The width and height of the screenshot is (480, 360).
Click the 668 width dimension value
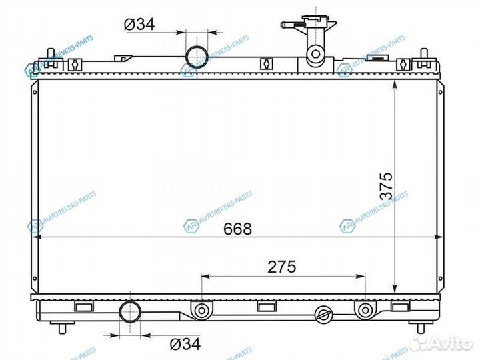coord(237,229)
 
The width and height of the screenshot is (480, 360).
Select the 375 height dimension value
coord(386,186)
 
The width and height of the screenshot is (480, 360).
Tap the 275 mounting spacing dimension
coord(281,267)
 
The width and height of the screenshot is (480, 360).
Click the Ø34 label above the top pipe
coord(139,24)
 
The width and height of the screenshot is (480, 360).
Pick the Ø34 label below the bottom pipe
coord(185,344)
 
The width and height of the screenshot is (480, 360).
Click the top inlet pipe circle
coord(197,57)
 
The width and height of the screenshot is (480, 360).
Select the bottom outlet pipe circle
coord(130,311)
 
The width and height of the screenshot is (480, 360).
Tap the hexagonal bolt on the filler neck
coord(315,54)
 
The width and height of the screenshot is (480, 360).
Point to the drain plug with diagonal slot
coord(323,315)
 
